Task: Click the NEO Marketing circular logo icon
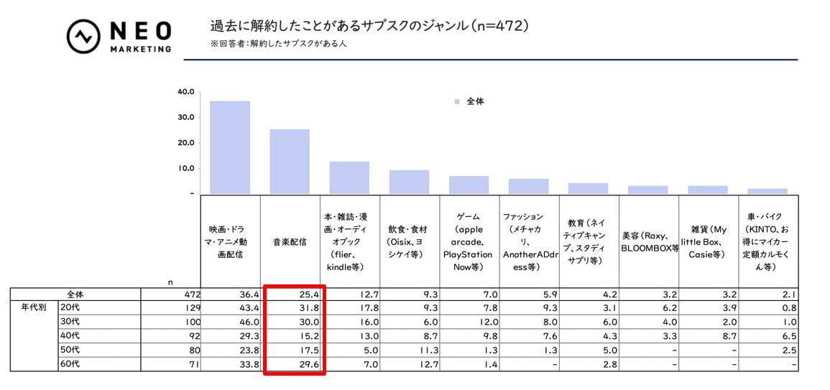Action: (83, 37)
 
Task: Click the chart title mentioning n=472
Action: (369, 27)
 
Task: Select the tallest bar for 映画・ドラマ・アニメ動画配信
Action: (230, 147)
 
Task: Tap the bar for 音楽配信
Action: (290, 162)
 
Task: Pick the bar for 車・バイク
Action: (767, 191)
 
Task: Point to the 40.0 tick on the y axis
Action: (185, 92)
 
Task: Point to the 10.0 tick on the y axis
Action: (185, 168)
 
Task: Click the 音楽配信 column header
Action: (290, 242)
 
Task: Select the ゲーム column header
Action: (469, 241)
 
